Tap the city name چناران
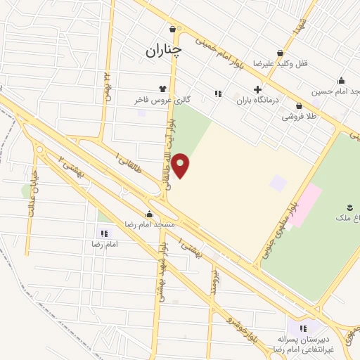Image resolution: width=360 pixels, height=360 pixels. (x=164, y=50)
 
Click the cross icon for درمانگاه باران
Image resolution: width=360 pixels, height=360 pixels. (x=258, y=89)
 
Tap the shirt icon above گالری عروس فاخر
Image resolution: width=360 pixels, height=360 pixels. (x=163, y=89)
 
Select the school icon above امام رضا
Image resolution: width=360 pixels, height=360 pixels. (x=104, y=233)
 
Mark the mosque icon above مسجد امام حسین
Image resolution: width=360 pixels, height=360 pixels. (x=342, y=79)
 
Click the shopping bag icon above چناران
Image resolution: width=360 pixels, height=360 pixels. (x=173, y=29)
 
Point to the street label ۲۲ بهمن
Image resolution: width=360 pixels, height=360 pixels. (x=109, y=85)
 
